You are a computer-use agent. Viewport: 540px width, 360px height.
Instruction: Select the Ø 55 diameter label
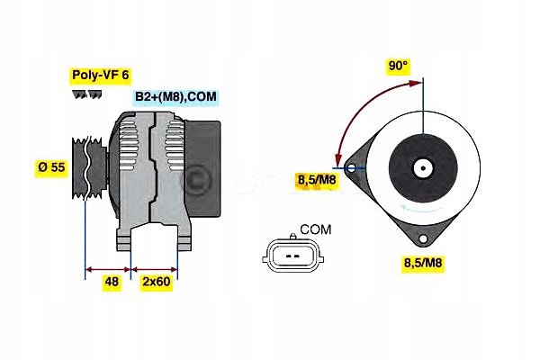pos(52,166)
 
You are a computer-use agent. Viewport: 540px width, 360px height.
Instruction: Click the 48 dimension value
pos(112,281)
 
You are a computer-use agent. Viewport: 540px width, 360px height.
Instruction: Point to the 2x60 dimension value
pos(157,281)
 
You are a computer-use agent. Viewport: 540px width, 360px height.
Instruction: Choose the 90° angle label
pos(398,66)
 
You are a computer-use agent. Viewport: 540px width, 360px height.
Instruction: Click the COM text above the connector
pos(314,230)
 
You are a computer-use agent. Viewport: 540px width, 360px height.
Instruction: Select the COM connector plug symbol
pos(292,256)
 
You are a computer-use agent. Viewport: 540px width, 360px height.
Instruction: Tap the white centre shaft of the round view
pos(420,167)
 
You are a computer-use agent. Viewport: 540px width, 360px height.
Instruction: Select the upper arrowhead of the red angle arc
pos(416,83)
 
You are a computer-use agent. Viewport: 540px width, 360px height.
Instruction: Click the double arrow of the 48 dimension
pos(108,267)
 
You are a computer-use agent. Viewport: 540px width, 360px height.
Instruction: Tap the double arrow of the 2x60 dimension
pos(155,267)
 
